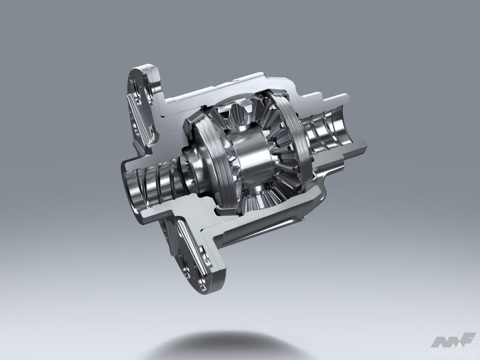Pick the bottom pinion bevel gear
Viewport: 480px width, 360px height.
[260, 200]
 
